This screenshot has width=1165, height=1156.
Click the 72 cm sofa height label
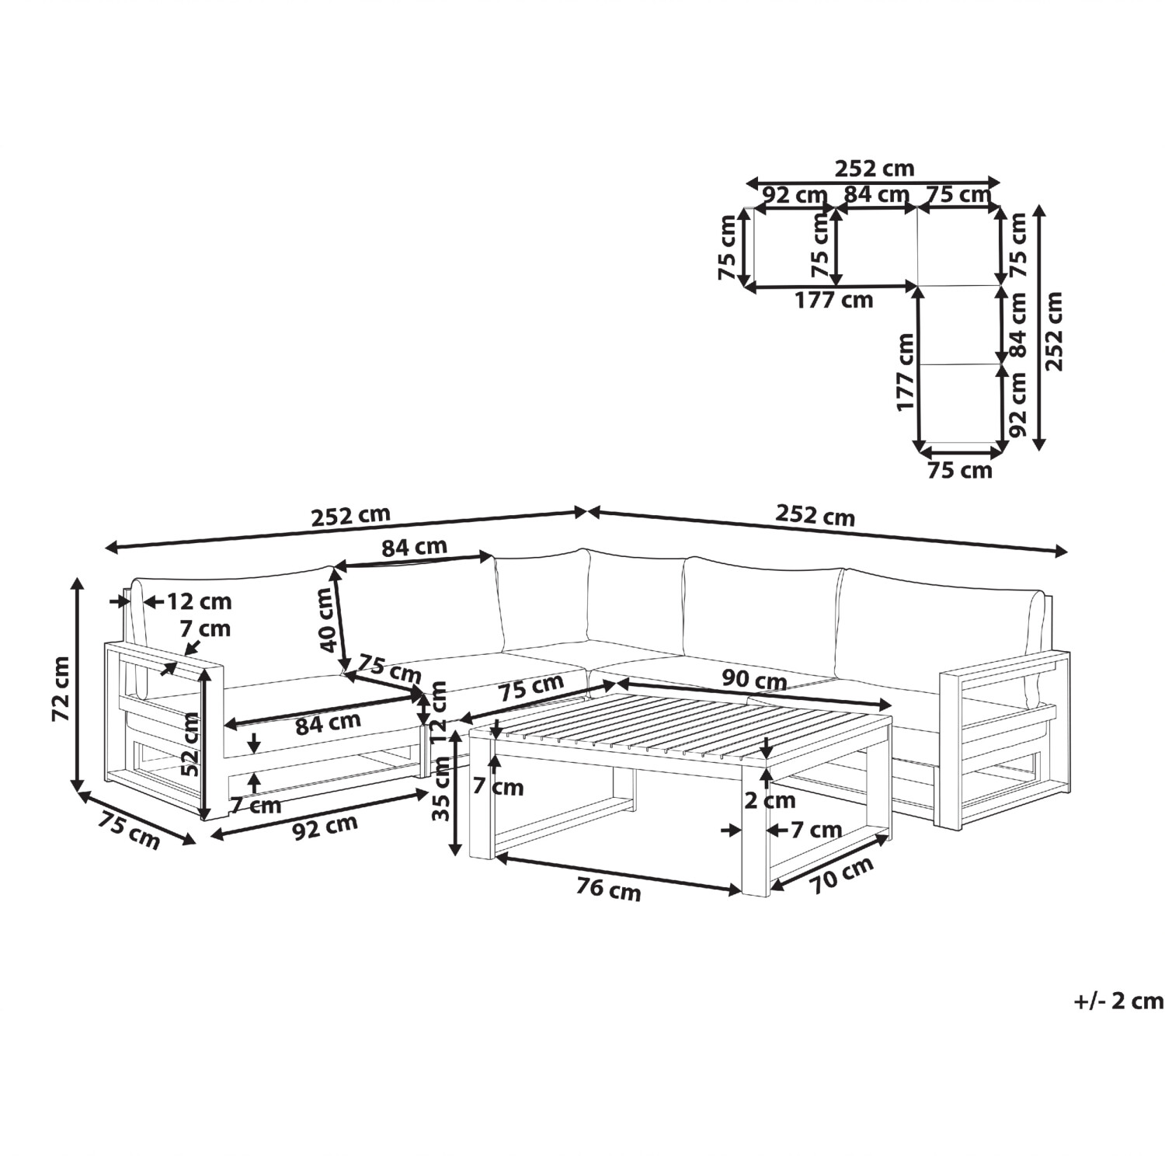[x=61, y=689]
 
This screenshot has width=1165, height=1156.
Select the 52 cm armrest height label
[x=190, y=744]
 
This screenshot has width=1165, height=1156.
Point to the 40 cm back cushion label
[x=329, y=619]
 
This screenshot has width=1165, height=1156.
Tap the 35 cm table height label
[x=442, y=789]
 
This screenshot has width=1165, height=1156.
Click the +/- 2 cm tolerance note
[x=1119, y=1001]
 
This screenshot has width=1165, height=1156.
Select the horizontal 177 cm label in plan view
[x=833, y=300]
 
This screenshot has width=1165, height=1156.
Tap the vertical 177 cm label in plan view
[x=905, y=372]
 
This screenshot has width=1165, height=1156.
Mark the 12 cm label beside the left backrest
[x=199, y=601]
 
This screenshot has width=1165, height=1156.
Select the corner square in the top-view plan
[x=958, y=246]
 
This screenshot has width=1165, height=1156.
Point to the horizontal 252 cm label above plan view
[x=875, y=168]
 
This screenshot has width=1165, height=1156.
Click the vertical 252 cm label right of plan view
[x=1053, y=332]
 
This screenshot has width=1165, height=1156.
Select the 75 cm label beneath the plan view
[x=960, y=471]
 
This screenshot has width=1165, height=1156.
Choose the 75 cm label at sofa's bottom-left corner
[x=129, y=828]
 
